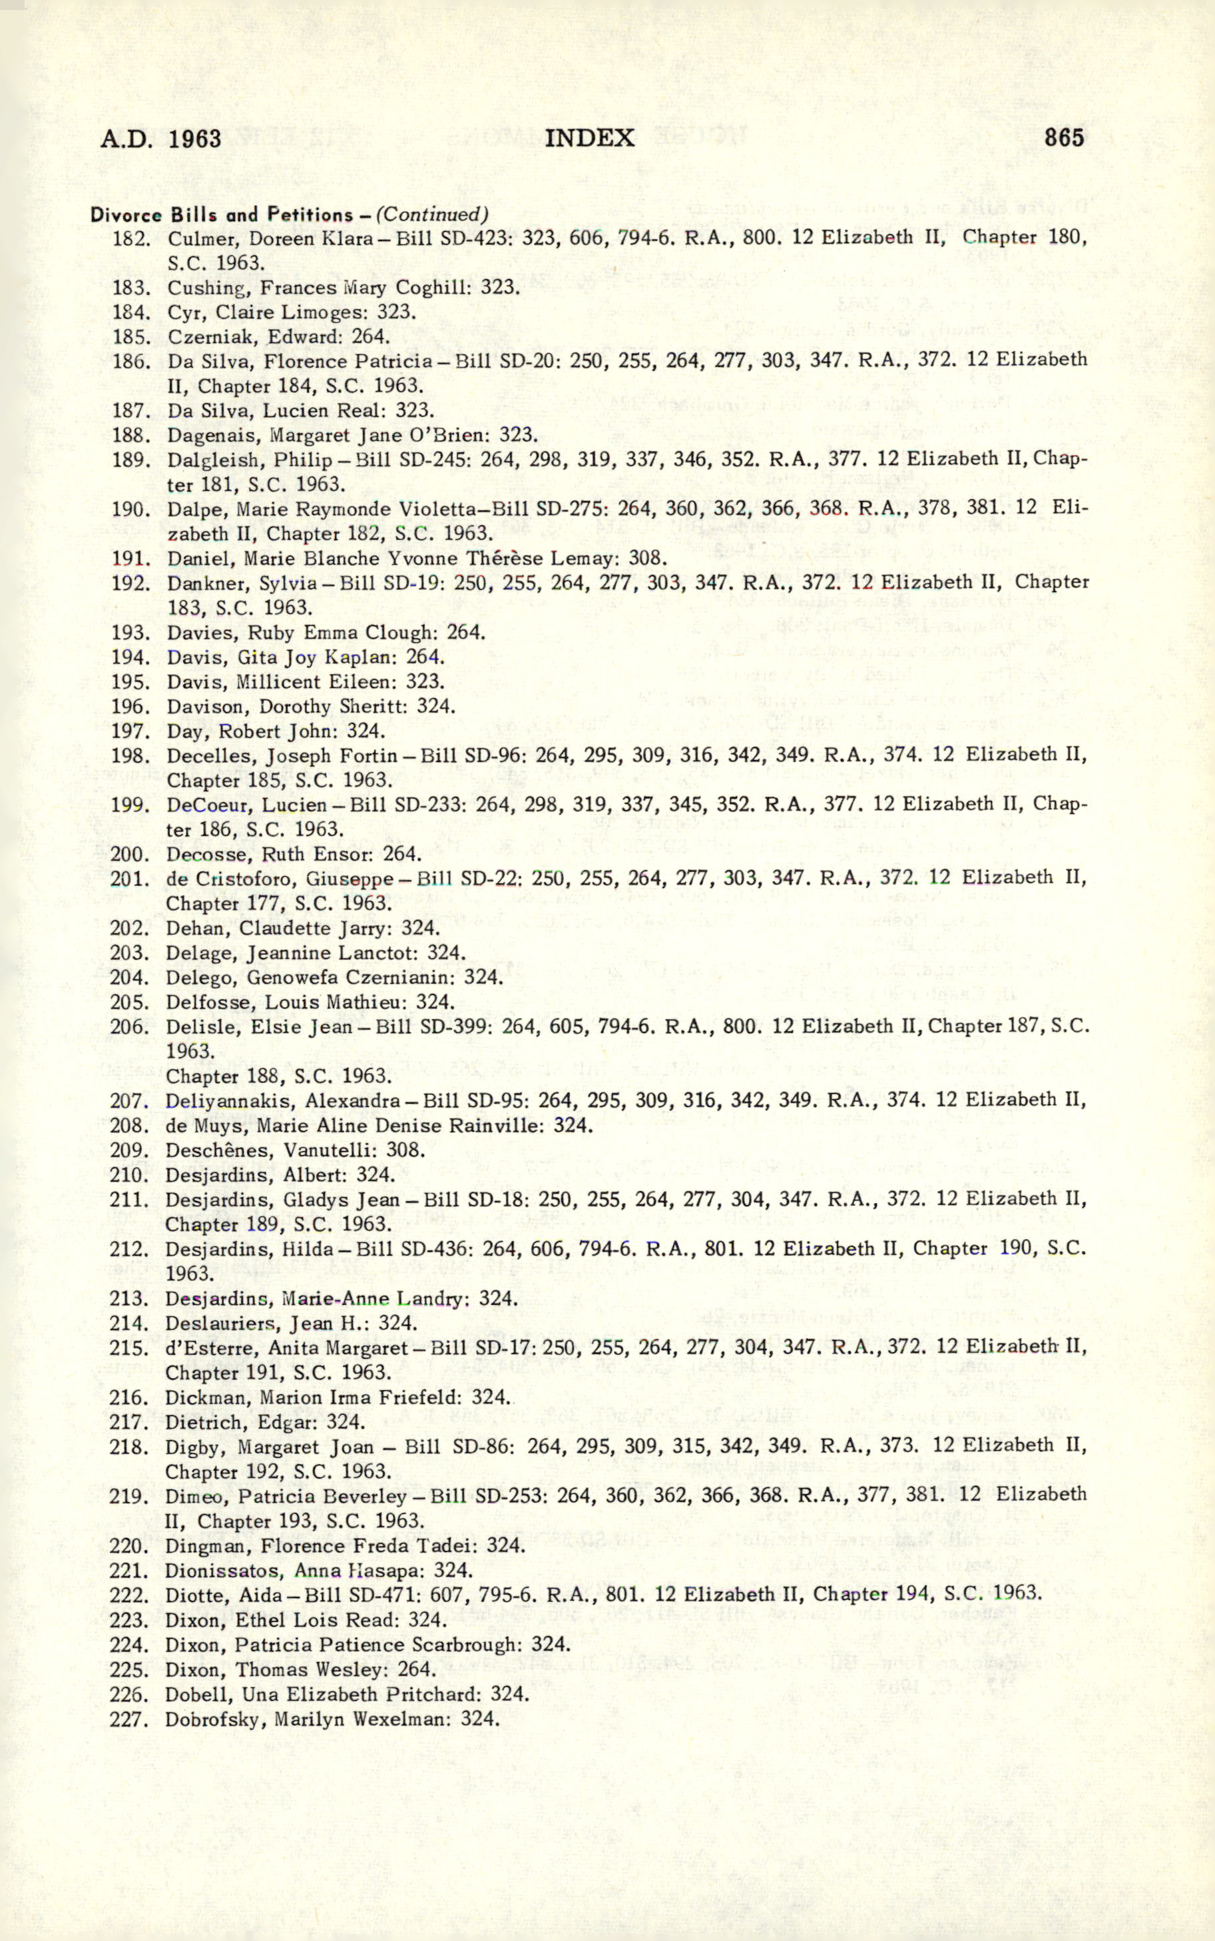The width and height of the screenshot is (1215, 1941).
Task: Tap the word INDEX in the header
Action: pos(590,139)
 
